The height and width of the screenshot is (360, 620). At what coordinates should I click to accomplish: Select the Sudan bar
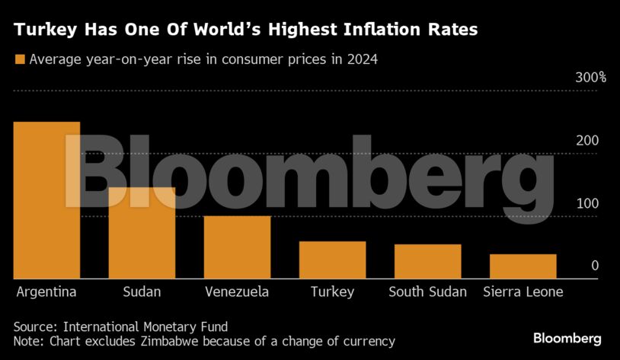142,233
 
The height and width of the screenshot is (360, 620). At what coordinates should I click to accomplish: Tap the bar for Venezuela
237,247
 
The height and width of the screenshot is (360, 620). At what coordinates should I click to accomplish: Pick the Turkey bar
332,260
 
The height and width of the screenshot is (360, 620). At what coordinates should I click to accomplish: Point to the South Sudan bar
427,262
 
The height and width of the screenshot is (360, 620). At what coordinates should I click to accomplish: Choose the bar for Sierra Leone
523,266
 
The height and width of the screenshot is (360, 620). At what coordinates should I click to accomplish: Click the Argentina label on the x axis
46,292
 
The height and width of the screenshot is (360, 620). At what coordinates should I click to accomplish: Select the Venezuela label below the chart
236,292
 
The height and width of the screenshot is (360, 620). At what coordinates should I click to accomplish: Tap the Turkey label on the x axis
332,292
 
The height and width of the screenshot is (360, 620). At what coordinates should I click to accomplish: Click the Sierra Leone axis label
523,292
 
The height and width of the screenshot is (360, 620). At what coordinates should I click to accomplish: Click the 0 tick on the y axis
595,266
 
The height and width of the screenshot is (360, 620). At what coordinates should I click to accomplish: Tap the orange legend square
20,59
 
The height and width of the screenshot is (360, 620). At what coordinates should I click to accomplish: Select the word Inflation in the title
380,30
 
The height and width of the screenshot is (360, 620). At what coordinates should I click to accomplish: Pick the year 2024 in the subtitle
363,59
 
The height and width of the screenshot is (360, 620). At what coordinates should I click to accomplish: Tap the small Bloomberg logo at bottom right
567,338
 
